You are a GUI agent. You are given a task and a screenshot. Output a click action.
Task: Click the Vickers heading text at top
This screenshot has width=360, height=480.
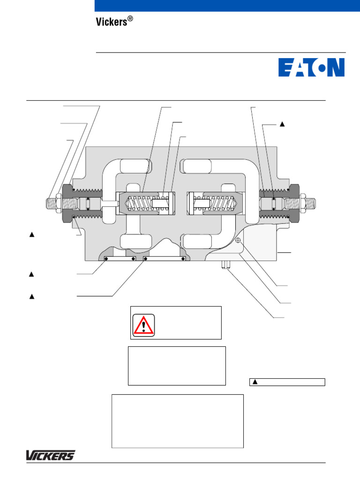111,22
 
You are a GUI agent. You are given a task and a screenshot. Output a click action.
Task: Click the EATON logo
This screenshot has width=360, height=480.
311,67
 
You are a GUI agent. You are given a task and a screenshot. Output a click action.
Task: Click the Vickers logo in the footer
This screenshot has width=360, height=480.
50,455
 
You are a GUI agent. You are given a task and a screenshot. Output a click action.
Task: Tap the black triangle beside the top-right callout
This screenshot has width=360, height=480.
282,124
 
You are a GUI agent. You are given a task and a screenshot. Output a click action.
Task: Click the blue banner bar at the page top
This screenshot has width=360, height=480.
227,6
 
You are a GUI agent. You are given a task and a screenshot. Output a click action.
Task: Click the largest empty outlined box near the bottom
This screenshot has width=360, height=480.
177,421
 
